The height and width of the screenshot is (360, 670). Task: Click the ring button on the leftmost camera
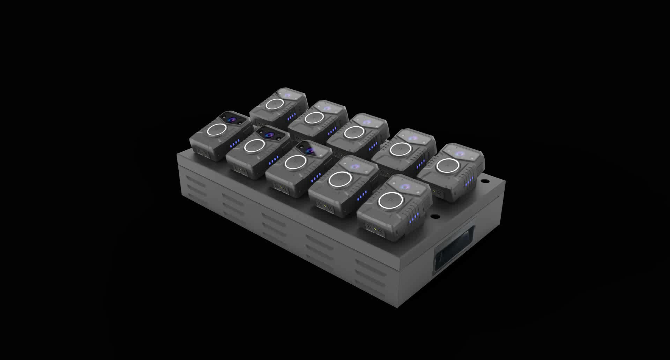pos(217,130)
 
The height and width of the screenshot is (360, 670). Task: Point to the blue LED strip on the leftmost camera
pos(235,143)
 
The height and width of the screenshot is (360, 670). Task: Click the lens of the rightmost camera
pos(460,153)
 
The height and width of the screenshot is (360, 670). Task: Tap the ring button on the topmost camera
pos(274,104)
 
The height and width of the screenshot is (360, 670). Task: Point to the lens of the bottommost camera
pos(406,187)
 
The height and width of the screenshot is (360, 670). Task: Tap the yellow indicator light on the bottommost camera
pos(374,230)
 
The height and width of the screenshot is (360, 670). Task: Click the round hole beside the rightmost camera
pos(484,181)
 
